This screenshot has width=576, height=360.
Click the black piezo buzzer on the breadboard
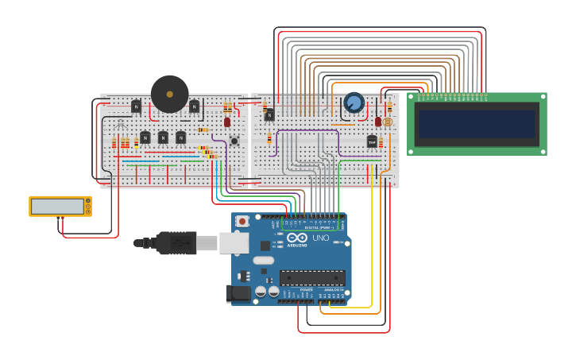pyautogui.click(x=170, y=94)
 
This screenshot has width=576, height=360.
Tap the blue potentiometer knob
pyautogui.click(x=354, y=103)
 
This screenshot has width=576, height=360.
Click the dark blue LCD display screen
pyautogui.click(x=477, y=124)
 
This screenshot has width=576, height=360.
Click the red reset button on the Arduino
pyautogui.click(x=242, y=221)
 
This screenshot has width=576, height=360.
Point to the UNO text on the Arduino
pyautogui.click(x=320, y=238)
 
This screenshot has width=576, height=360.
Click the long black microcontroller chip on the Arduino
pyautogui.click(x=311, y=277)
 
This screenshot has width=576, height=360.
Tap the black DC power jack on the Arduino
pyautogui.click(x=238, y=293)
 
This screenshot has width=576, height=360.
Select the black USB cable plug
pyautogui.click(x=175, y=242)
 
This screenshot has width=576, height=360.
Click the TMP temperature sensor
pyautogui.click(x=372, y=141)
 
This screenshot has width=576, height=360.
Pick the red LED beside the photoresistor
pyautogui.click(x=378, y=122)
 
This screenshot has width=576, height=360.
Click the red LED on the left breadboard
pyautogui.click(x=227, y=122)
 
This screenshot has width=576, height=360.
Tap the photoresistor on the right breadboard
pyautogui.click(x=388, y=122)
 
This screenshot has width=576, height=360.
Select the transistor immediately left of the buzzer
pyautogui.click(x=136, y=106)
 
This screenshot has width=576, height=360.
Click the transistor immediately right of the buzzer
pyautogui.click(x=194, y=106)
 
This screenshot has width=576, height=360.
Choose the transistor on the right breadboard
pyautogui.click(x=269, y=114)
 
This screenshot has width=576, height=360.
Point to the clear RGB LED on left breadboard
pyautogui.click(x=120, y=125)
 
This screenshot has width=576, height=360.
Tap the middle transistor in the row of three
pyautogui.click(x=163, y=137)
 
